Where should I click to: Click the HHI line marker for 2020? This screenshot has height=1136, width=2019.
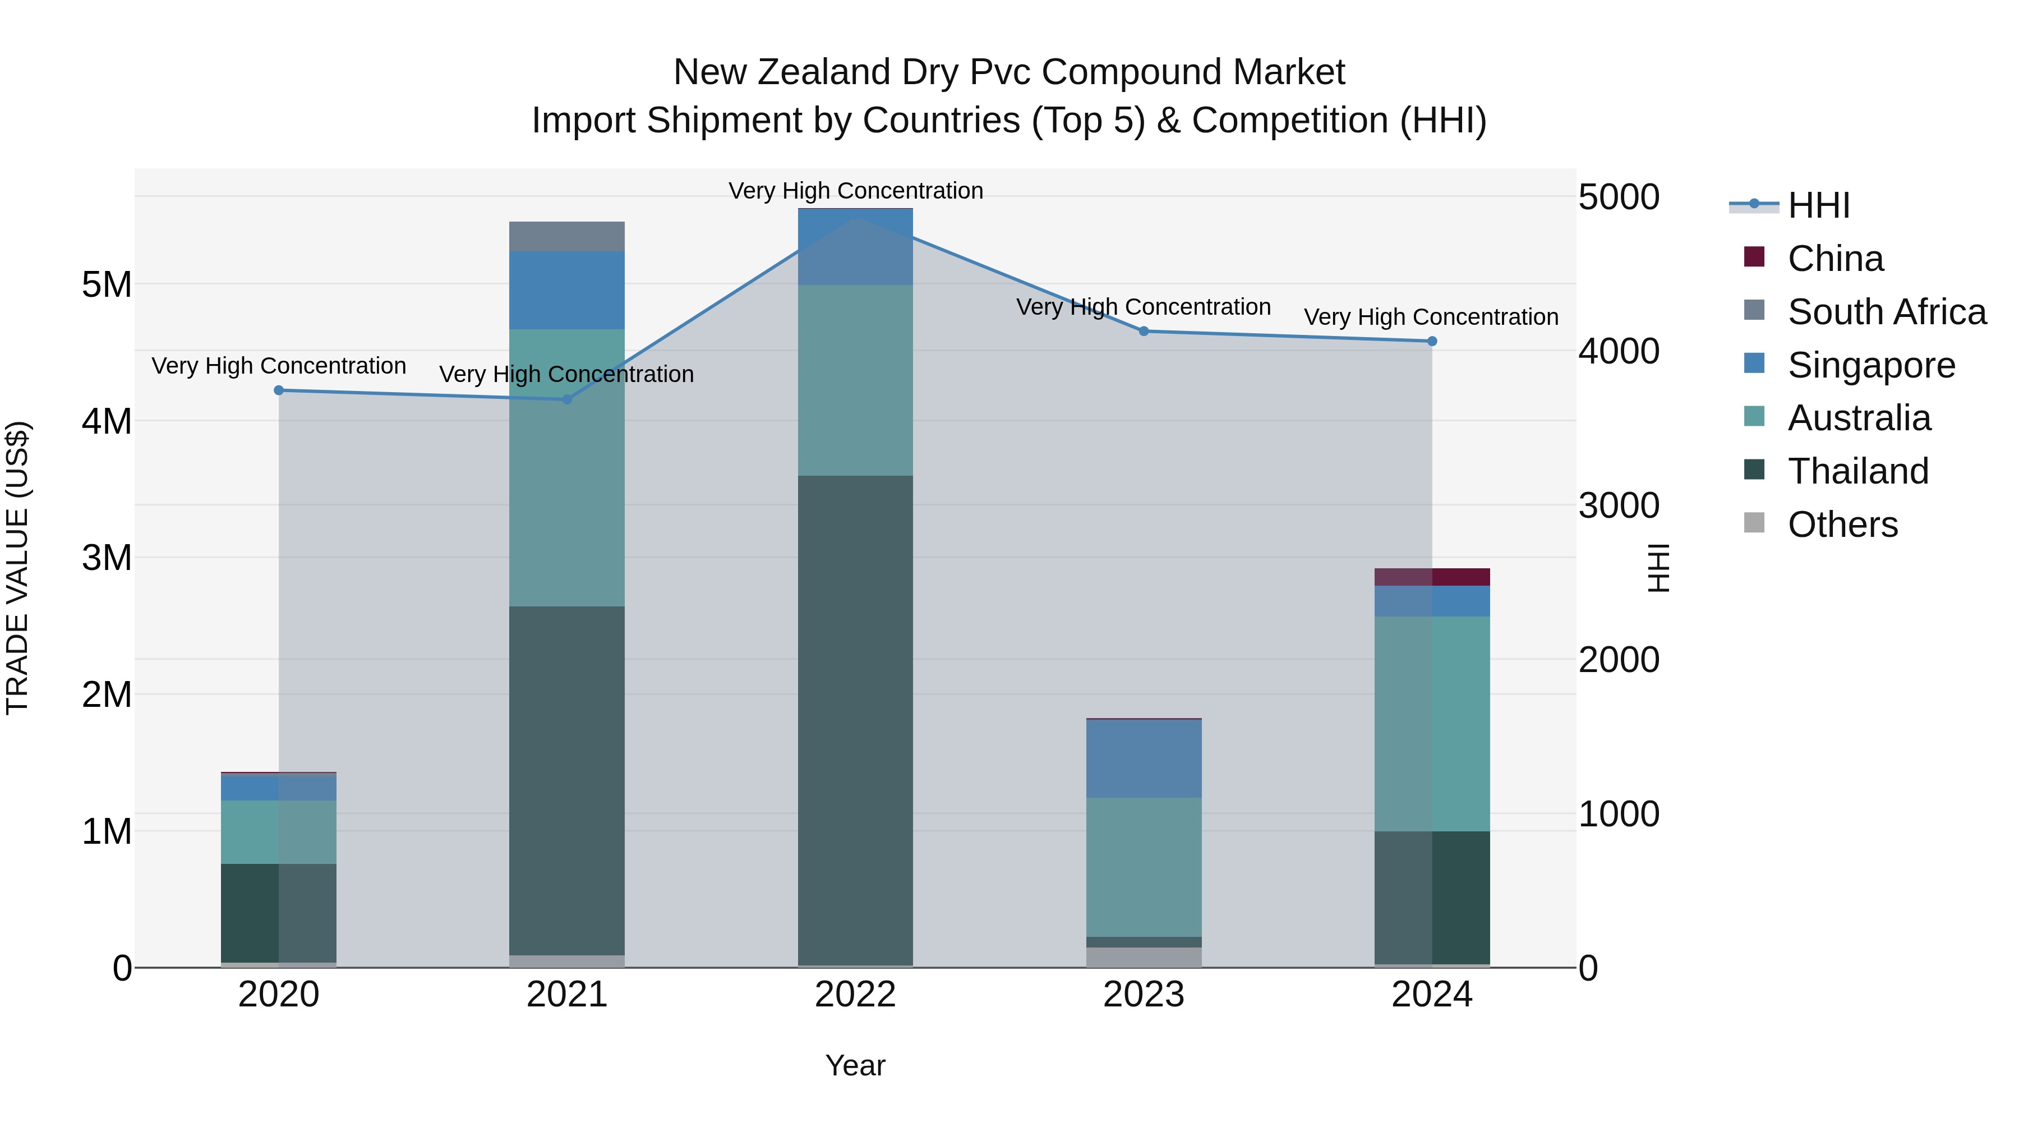pos(279,390)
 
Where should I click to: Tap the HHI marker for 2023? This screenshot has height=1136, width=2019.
pos(1144,332)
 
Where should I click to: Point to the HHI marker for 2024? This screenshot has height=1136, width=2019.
pos(1432,341)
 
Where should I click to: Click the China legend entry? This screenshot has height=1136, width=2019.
pos(1834,259)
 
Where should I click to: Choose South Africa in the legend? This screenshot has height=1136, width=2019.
pos(1886,312)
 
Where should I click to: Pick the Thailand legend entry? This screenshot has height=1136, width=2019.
pos(1857,471)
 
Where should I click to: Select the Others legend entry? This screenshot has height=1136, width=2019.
pos(1842,525)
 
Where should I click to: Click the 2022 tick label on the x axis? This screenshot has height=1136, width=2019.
pos(855,995)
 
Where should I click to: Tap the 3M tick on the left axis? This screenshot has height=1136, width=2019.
pos(107,558)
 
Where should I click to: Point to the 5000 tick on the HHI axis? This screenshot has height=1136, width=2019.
pos(1619,197)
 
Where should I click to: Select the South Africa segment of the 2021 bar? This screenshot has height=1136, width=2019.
pos(568,237)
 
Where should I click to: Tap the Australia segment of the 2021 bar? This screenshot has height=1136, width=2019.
pos(568,467)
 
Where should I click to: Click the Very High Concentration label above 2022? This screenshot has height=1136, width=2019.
pos(855,191)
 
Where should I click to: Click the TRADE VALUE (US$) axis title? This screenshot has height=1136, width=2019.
pos(17,568)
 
